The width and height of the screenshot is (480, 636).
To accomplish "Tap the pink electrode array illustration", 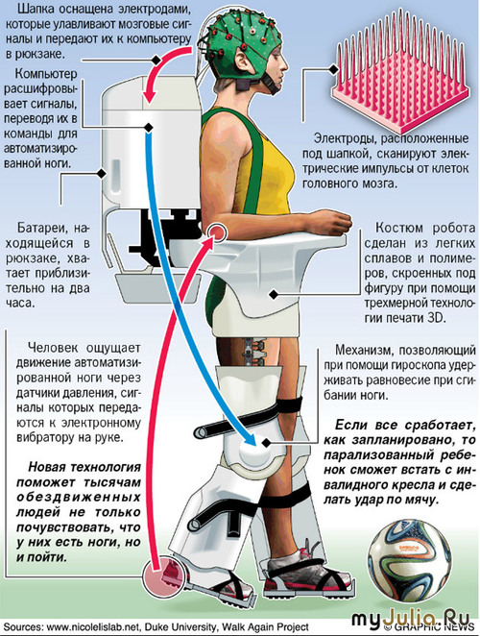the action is click(400, 65).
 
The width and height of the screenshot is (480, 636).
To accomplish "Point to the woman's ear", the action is click(242, 59).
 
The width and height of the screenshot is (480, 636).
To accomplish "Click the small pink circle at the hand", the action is click(217, 232).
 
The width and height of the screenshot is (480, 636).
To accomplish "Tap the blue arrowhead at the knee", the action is click(248, 439).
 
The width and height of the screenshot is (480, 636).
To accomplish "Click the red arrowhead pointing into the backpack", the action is click(150, 96).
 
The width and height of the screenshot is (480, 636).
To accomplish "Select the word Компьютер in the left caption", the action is click(46, 74).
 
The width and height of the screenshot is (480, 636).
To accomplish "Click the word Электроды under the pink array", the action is click(344, 138).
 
